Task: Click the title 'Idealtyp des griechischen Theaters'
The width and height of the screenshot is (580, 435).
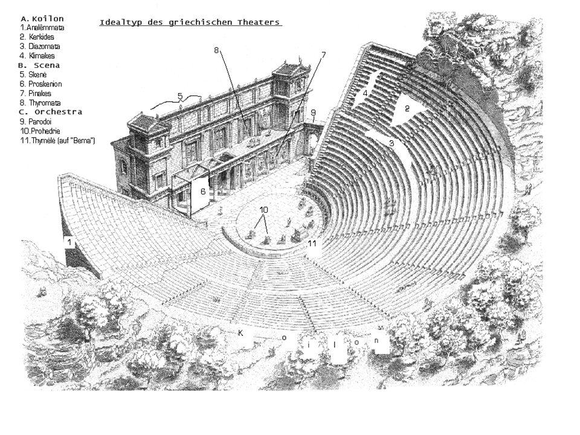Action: tap(190, 23)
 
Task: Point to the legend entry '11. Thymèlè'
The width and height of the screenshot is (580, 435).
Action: tap(57, 140)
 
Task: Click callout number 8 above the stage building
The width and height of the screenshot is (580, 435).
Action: tap(217, 50)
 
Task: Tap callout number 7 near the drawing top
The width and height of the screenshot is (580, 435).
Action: tap(323, 55)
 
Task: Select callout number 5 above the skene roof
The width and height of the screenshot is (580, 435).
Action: tap(180, 95)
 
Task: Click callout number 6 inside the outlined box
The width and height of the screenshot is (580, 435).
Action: tap(204, 191)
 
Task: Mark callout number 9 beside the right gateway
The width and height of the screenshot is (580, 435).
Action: tap(314, 112)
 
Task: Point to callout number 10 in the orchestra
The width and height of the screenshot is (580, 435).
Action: tap(263, 209)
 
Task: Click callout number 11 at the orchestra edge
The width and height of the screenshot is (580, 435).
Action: tap(312, 243)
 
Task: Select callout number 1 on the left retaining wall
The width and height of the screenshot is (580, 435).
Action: tap(70, 242)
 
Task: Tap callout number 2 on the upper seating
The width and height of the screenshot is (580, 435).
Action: tap(407, 109)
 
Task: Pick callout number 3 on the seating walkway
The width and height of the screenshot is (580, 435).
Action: tap(391, 143)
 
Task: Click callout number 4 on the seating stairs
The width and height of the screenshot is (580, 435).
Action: tap(365, 93)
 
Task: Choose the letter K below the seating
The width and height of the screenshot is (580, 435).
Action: tap(240, 332)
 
